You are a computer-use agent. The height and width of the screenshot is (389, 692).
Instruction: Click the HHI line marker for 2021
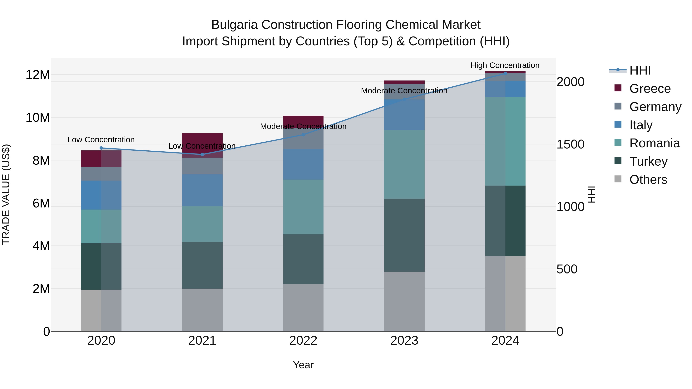tap(202, 154)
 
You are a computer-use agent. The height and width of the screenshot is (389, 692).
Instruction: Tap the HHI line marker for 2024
tap(505, 73)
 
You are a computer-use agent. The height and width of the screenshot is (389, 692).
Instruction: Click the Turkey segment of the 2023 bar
tap(404, 235)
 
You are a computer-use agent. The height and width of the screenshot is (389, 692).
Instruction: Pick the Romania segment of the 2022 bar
tap(303, 207)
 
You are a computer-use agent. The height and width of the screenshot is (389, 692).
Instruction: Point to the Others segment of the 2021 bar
tap(202, 310)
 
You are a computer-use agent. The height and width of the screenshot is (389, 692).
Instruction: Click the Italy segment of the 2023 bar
tap(404, 115)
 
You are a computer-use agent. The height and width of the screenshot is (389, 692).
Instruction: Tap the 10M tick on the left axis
tap(38, 118)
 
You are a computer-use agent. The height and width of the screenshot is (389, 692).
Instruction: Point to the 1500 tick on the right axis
tap(570, 144)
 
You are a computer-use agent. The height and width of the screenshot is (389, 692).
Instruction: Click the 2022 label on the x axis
tap(303, 341)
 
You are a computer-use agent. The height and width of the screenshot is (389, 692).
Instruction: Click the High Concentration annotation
tap(505, 66)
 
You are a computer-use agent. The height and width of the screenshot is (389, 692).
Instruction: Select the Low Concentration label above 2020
tap(101, 140)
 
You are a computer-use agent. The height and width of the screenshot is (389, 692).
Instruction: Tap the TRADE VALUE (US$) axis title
tap(6, 194)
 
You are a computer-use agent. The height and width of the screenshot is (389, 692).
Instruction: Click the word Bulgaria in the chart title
tap(234, 25)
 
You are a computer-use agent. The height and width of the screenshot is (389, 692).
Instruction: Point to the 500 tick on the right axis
tap(567, 269)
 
